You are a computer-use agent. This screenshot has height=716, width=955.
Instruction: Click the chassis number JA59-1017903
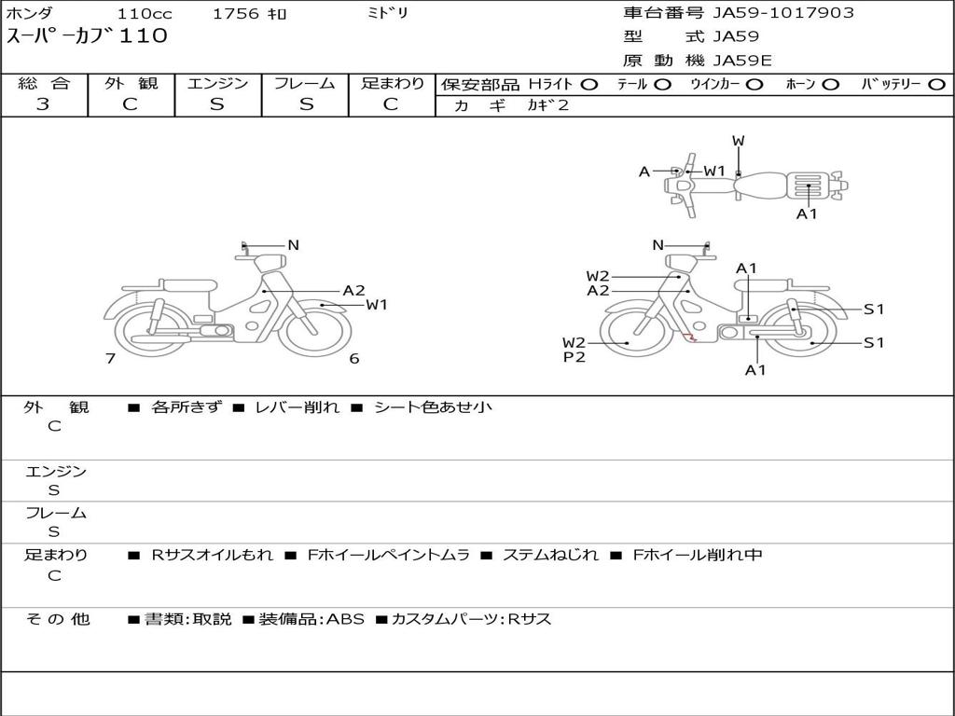click(783, 13)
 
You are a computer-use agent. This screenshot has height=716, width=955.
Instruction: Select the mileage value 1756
click(236, 14)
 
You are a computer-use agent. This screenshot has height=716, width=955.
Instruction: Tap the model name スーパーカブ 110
click(87, 36)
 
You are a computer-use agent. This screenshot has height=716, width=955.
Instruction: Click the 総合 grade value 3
click(43, 104)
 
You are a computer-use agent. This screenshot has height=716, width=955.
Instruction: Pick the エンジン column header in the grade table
click(217, 83)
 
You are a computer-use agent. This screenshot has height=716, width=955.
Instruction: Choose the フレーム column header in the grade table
click(305, 83)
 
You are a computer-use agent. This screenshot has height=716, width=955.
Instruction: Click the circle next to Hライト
click(589, 85)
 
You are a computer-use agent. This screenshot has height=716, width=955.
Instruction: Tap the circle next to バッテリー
click(936, 85)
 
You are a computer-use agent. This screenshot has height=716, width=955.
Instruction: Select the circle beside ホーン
click(830, 85)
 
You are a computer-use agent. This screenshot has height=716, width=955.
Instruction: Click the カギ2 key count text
click(547, 105)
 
